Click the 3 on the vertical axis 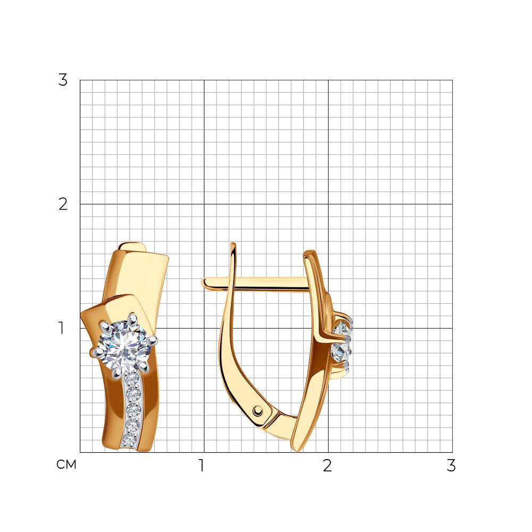(x=63, y=80)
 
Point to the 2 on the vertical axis (x=63, y=204)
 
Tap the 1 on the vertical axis (x=61, y=328)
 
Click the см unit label (x=66, y=464)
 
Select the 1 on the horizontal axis (x=202, y=465)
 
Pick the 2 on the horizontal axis (x=327, y=465)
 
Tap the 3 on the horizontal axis (x=451, y=465)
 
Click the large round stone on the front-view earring (x=124, y=346)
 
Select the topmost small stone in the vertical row (x=132, y=378)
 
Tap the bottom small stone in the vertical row (x=129, y=440)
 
